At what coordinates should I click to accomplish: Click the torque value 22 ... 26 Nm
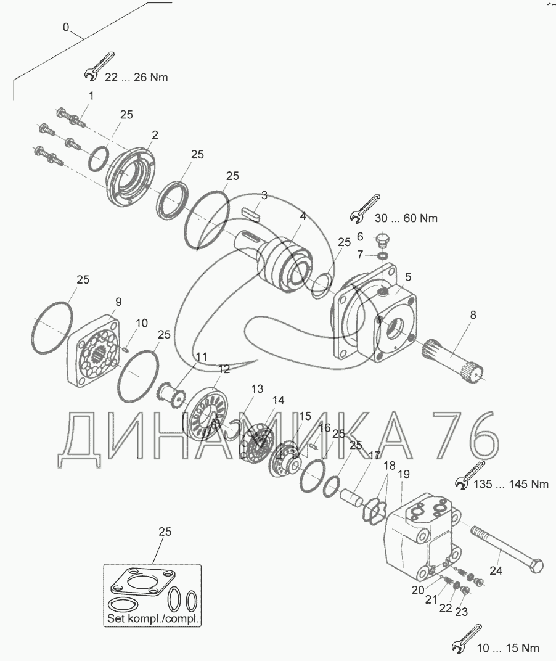pyautogui.click(x=136, y=78)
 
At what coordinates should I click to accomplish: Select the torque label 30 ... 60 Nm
pyautogui.click(x=406, y=218)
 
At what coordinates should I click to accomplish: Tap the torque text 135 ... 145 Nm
pyautogui.click(x=511, y=484)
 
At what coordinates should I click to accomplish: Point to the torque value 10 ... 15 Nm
pyautogui.click(x=508, y=647)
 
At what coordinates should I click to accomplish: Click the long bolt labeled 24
pyautogui.click(x=507, y=549)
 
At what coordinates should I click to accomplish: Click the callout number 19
pyautogui.click(x=403, y=474)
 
